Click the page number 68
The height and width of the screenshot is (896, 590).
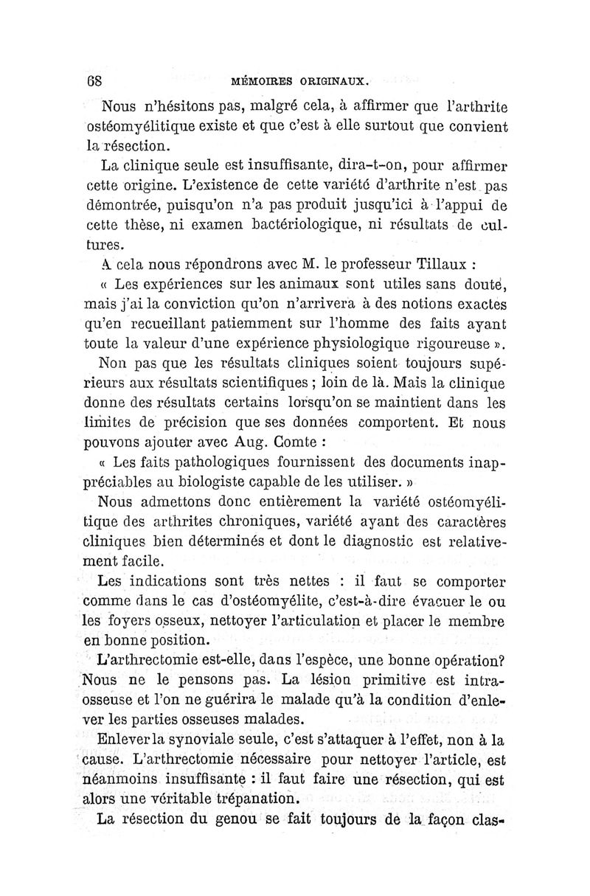point(93,80)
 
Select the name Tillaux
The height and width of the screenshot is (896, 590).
point(432,264)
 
